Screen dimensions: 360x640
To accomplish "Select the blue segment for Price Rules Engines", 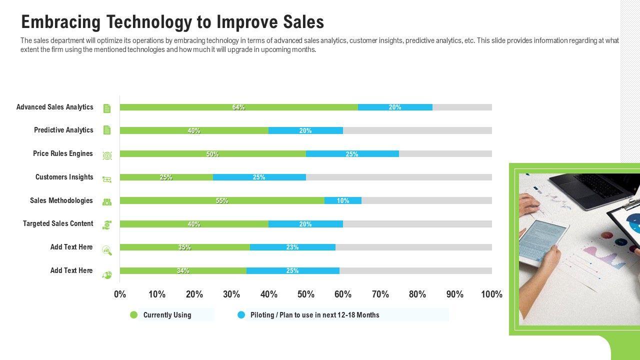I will (x=352, y=154).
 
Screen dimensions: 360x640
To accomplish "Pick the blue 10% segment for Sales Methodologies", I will (x=343, y=200).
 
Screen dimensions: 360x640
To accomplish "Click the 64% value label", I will (x=238, y=107).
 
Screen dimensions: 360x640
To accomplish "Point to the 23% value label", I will (x=292, y=247).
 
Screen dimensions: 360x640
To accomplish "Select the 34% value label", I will (x=183, y=271).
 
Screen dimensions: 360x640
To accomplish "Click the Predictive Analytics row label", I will (x=63, y=130).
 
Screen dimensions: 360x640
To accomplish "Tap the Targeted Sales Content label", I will (x=58, y=223).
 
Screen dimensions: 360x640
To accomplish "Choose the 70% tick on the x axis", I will (x=380, y=294).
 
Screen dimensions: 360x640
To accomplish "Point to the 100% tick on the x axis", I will (x=491, y=294).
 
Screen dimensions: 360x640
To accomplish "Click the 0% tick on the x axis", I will (x=120, y=294).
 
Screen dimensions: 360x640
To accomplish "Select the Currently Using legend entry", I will (x=167, y=315).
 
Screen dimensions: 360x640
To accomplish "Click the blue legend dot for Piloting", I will (x=241, y=315).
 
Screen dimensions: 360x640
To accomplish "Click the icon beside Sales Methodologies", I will (x=107, y=201).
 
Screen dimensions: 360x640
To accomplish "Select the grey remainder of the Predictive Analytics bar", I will (x=417, y=130).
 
